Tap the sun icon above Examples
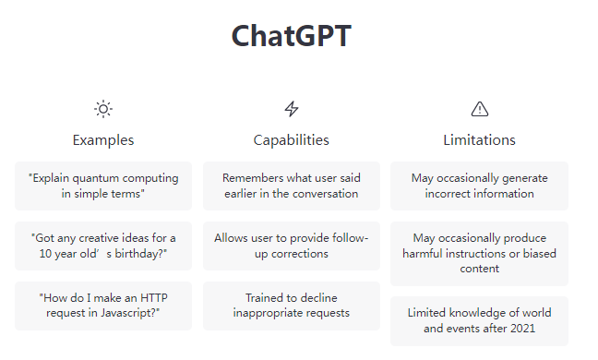click(x=103, y=109)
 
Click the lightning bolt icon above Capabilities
click(x=292, y=109)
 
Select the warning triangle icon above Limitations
click(x=479, y=109)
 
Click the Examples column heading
click(x=103, y=140)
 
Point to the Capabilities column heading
click(x=292, y=140)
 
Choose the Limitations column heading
click(x=479, y=140)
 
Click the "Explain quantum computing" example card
click(x=103, y=186)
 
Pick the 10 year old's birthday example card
click(x=103, y=246)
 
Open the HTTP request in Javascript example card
click(x=103, y=306)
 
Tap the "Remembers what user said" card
click(x=292, y=186)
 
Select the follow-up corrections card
click(x=292, y=246)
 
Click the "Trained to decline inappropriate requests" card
click(x=292, y=306)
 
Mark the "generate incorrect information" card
click(x=479, y=186)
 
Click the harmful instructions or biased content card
click(x=479, y=253)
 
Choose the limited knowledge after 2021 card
click(x=479, y=320)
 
